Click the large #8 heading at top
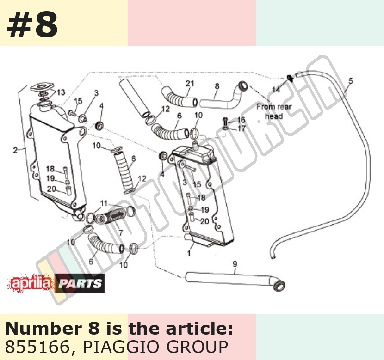pyautogui.click(x=32, y=24)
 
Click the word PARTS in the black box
pyautogui.click(x=80, y=283)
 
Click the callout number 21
pyautogui.click(x=190, y=84)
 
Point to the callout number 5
pyautogui.click(x=351, y=81)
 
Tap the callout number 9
pyautogui.click(x=235, y=264)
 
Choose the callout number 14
pyautogui.click(x=276, y=90)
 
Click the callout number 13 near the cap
pyautogui.click(x=61, y=92)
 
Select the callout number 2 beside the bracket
pyautogui.click(x=15, y=150)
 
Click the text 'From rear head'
pyautogui.click(x=274, y=111)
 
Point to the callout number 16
pyautogui.click(x=241, y=120)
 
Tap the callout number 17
pyautogui.click(x=242, y=128)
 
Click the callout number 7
pyautogui.click(x=120, y=232)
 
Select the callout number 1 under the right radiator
pyautogui.click(x=189, y=253)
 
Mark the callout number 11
pyautogui.click(x=104, y=203)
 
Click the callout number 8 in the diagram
pyautogui.click(x=217, y=86)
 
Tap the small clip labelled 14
pyautogui.click(x=290, y=78)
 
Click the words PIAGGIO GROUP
pyautogui.click(x=155, y=347)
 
